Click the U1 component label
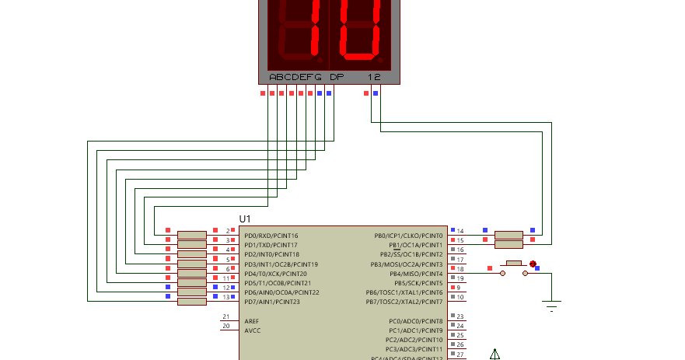coord(245,220)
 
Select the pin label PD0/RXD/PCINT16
coord(271,236)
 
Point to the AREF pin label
coord(252,321)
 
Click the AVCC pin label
coord(253,330)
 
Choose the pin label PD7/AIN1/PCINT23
coord(271,302)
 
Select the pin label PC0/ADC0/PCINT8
coord(415,321)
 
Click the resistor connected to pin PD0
coord(191,235)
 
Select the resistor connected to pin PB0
coord(509,235)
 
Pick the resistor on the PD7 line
coord(191,302)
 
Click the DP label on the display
coord(337,77)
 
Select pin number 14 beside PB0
coord(460,232)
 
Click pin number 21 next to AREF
coord(225,317)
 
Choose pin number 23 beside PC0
coord(460,317)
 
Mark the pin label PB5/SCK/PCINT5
coord(418,283)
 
